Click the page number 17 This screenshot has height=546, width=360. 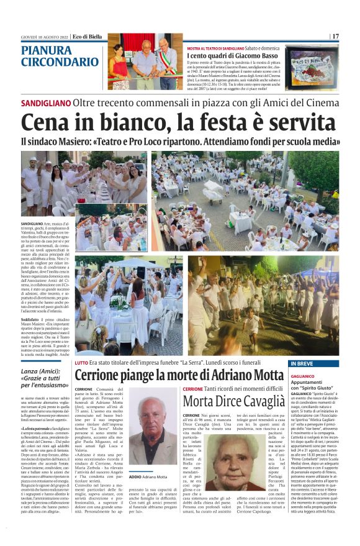pyautogui.click(x=335, y=37)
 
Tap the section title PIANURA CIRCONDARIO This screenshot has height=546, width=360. pyautogui.click(x=60, y=56)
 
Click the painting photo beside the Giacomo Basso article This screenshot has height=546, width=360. pyautogui.click(x=312, y=66)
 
